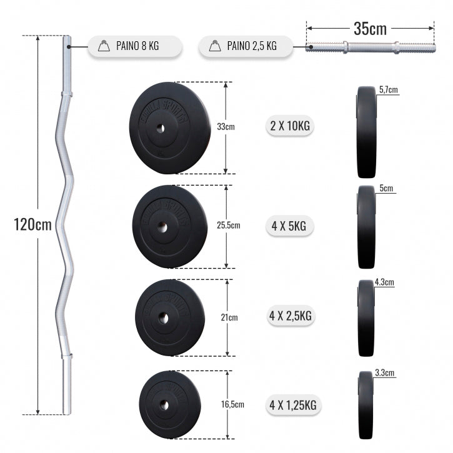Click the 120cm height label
(32, 224)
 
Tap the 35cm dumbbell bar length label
(370, 28)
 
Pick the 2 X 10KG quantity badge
(289, 126)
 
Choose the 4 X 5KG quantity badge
(289, 226)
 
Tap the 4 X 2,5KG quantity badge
(289, 316)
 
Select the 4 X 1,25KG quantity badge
(292, 406)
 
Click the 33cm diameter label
(226, 127)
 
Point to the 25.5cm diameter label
(229, 225)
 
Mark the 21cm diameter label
(230, 317)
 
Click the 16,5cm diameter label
(230, 405)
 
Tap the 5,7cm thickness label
(388, 90)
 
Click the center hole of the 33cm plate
(158, 128)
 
